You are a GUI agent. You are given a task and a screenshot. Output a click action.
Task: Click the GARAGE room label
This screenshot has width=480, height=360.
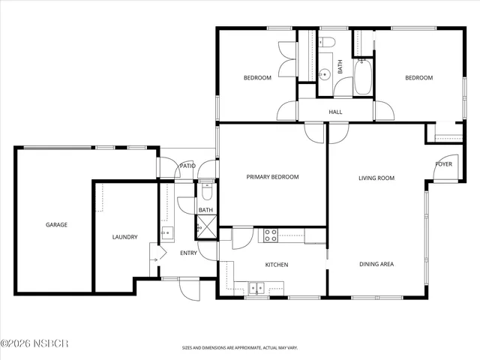[x=56, y=224]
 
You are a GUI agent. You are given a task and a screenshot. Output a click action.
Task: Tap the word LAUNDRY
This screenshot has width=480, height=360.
[x=124, y=237]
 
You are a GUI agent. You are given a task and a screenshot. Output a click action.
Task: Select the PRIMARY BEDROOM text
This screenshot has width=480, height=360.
[x=273, y=177]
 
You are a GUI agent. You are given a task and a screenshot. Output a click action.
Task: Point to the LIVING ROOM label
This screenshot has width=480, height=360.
[x=376, y=178]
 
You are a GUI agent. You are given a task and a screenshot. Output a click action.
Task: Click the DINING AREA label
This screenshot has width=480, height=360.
[x=376, y=264]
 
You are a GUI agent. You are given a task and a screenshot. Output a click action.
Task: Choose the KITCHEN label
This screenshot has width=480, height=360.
[x=277, y=265]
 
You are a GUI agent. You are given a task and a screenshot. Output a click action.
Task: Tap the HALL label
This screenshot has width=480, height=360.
[x=335, y=112]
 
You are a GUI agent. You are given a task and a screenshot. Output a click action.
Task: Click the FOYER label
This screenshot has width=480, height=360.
[x=444, y=163]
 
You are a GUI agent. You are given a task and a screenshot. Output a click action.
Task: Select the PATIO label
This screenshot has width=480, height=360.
[x=187, y=166]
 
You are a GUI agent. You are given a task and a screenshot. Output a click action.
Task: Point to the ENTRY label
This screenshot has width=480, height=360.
[x=189, y=253]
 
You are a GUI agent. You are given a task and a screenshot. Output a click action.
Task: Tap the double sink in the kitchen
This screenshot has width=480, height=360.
[x=256, y=286]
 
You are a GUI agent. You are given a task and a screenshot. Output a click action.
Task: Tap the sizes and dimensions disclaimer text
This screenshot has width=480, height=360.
[x=239, y=348]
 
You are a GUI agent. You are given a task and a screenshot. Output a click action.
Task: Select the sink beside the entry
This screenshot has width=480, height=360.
[x=167, y=232]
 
